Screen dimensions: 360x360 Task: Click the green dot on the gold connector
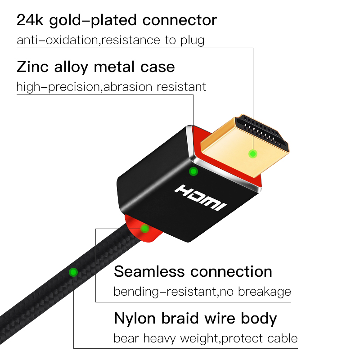(x=253, y=154)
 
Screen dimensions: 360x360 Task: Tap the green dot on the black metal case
(x=193, y=171)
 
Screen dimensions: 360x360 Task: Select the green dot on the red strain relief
(x=144, y=229)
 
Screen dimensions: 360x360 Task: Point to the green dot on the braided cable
(x=73, y=272)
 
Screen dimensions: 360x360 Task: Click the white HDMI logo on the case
(x=201, y=197)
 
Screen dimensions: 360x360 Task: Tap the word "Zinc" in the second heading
(x=32, y=67)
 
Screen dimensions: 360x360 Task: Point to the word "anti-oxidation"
(x=57, y=40)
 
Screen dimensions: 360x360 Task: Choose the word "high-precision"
(x=57, y=86)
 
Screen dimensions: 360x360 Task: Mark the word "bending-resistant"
(x=165, y=292)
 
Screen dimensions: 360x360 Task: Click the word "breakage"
(x=264, y=292)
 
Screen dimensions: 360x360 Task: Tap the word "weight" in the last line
(x=198, y=338)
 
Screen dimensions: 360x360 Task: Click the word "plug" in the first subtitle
(x=191, y=40)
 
